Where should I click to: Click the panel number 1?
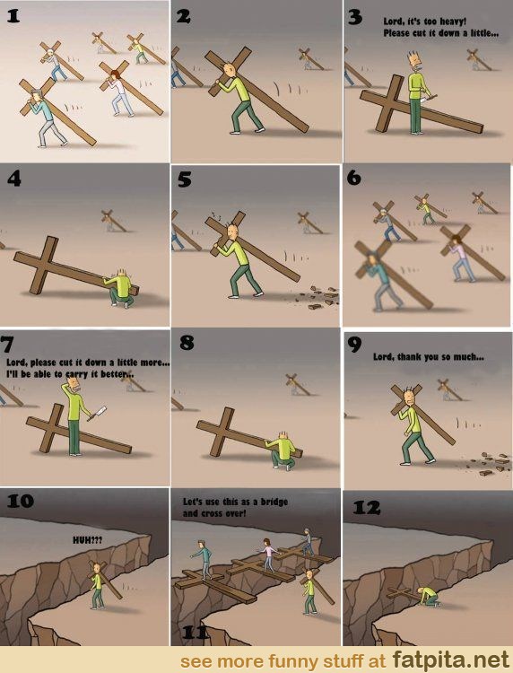click(13, 16)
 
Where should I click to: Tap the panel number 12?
click(367, 508)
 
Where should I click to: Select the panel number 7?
click(7, 345)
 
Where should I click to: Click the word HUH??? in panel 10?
click(88, 540)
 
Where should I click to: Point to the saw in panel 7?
click(97, 413)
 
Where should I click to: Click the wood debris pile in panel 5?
click(322, 295)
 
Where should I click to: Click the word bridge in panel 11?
click(274, 502)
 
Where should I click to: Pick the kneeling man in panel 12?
click(429, 596)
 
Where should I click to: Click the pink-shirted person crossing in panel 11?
click(268, 555)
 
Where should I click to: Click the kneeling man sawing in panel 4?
click(119, 287)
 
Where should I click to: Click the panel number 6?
click(353, 178)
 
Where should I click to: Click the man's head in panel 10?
click(98, 569)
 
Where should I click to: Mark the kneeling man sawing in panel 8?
click(283, 450)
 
